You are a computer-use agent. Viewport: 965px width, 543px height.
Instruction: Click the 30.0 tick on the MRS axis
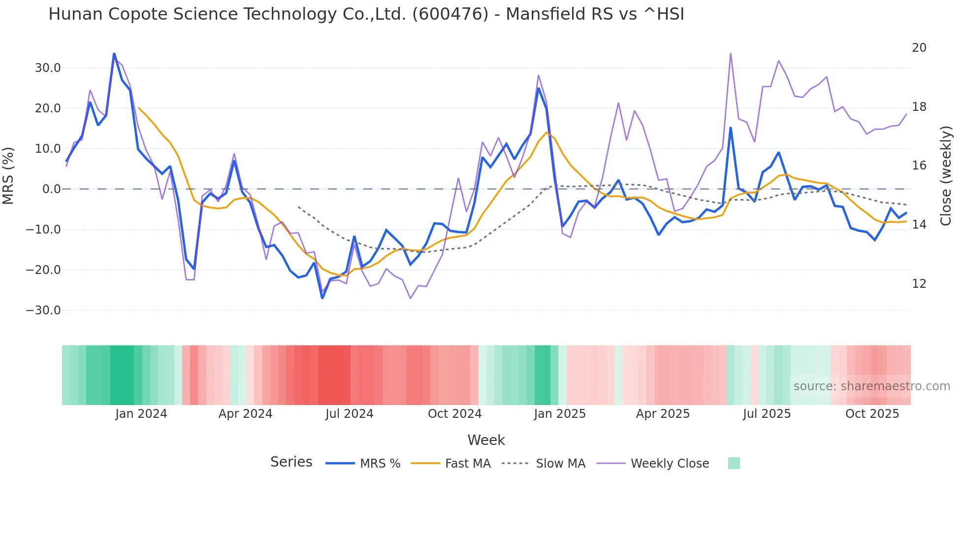click(47, 68)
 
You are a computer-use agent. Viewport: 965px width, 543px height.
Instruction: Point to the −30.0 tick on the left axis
click(43, 310)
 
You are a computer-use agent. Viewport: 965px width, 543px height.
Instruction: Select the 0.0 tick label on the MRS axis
click(51, 189)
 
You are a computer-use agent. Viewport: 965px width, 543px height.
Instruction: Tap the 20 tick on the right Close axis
click(919, 48)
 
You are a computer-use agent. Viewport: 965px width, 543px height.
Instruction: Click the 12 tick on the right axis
click(919, 284)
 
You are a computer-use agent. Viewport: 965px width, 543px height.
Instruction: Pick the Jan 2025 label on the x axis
click(559, 414)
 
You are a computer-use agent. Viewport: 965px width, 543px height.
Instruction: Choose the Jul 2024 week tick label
click(349, 414)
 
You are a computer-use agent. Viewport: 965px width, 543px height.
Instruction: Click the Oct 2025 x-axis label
click(872, 414)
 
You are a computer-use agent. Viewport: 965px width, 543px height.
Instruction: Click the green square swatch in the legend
click(734, 463)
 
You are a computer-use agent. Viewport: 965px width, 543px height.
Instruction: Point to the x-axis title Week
click(486, 440)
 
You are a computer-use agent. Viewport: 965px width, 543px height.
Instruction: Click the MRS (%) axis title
click(8, 175)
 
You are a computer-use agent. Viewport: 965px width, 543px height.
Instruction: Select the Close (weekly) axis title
click(945, 175)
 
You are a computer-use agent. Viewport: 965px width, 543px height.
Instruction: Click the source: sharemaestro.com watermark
click(871, 386)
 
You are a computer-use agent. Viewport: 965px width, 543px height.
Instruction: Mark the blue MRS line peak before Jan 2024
click(114, 54)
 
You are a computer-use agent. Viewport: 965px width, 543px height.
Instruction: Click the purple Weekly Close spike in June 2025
click(730, 54)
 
